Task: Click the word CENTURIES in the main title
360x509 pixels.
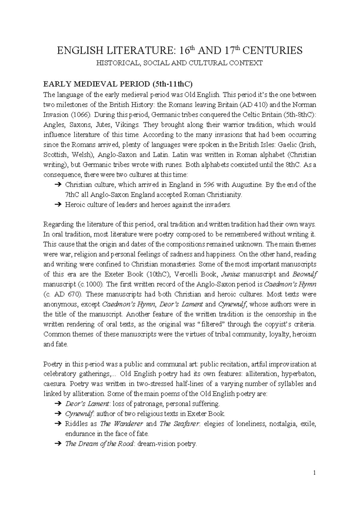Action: (x=272, y=50)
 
